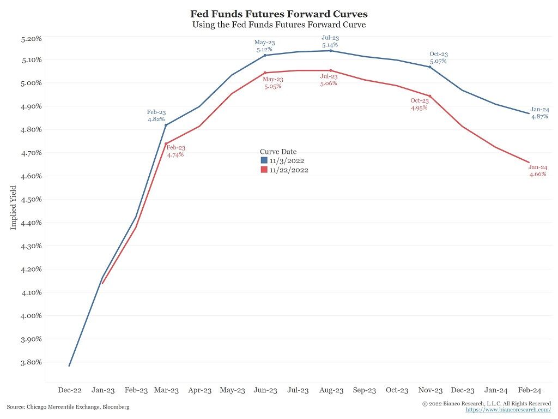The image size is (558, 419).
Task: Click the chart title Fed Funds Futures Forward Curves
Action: pyautogui.click(x=278, y=14)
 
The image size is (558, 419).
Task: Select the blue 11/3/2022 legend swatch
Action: pyautogui.click(x=264, y=161)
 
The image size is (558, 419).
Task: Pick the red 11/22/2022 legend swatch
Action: pyautogui.click(x=264, y=170)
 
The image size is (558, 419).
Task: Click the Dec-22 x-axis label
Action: pyautogui.click(x=70, y=390)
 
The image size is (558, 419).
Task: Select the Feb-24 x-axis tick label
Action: pyautogui.click(x=529, y=390)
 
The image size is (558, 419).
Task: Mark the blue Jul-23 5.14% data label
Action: pyautogui.click(x=330, y=41)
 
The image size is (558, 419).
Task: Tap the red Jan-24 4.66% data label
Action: pyautogui.click(x=537, y=170)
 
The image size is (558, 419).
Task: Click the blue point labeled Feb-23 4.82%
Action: pyautogui.click(x=166, y=125)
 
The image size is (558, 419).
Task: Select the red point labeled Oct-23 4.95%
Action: pyautogui.click(x=430, y=96)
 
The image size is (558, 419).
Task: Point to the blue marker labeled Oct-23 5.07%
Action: pyautogui.click(x=430, y=67)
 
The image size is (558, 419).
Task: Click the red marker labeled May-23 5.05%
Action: pyautogui.click(x=265, y=73)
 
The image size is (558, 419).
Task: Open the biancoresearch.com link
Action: pyautogui.click(x=508, y=409)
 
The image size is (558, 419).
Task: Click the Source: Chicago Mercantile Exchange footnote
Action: pyautogui.click(x=68, y=407)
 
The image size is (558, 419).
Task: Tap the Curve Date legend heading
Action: pyautogui.click(x=278, y=152)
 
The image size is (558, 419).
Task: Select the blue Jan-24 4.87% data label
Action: pyautogui.click(x=539, y=113)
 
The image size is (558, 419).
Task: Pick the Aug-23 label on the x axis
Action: pyautogui.click(x=331, y=390)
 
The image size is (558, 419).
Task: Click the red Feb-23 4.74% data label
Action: pyautogui.click(x=175, y=151)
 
